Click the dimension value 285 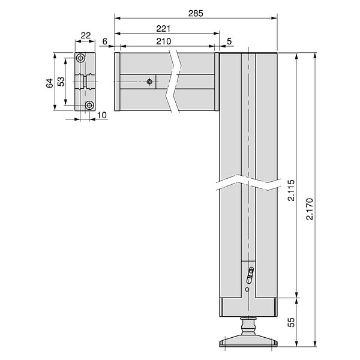[196, 14]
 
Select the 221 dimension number [163, 29]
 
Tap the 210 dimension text [163, 41]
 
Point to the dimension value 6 [104, 41]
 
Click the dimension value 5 [229, 41]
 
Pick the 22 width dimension [86, 35]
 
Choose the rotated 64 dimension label [50, 83]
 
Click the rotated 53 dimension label [61, 82]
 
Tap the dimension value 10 [102, 115]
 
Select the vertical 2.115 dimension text [291, 190]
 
